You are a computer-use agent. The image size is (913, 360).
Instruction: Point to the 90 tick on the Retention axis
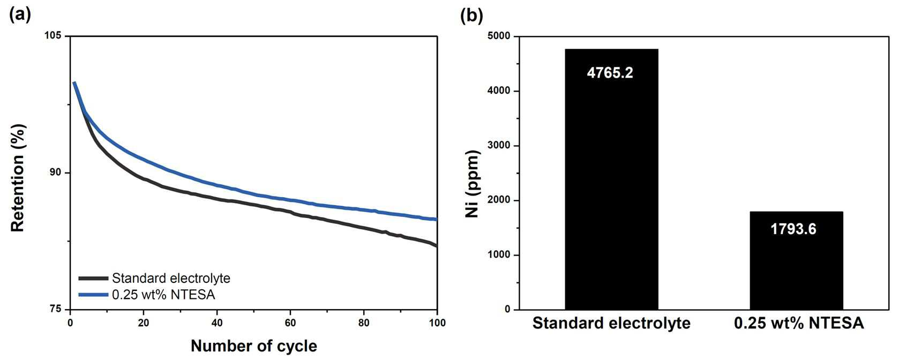[55, 172]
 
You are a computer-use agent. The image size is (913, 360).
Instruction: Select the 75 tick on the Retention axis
[55, 309]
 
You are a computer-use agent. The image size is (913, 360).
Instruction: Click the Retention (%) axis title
[18, 178]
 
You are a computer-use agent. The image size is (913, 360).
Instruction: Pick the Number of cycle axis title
[253, 346]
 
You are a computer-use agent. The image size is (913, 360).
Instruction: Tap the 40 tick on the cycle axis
[217, 323]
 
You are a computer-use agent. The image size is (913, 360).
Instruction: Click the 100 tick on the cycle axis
[437, 323]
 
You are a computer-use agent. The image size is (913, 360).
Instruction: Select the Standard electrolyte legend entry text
[171, 278]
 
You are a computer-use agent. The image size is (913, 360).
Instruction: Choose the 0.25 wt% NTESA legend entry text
[163, 294]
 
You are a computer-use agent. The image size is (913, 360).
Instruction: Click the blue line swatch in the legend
[93, 294]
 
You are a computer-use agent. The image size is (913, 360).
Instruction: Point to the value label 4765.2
[610, 72]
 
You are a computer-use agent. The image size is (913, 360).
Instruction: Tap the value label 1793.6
[793, 229]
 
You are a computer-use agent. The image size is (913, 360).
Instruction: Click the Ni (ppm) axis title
[473, 183]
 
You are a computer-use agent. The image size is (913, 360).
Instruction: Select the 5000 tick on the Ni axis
[498, 36]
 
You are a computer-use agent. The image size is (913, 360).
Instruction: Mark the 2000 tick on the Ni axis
[498, 200]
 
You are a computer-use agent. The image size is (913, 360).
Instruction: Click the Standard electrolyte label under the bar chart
[611, 324]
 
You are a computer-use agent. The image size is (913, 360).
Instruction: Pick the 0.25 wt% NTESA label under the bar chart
[799, 324]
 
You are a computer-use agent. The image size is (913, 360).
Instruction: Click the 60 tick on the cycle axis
[290, 323]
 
